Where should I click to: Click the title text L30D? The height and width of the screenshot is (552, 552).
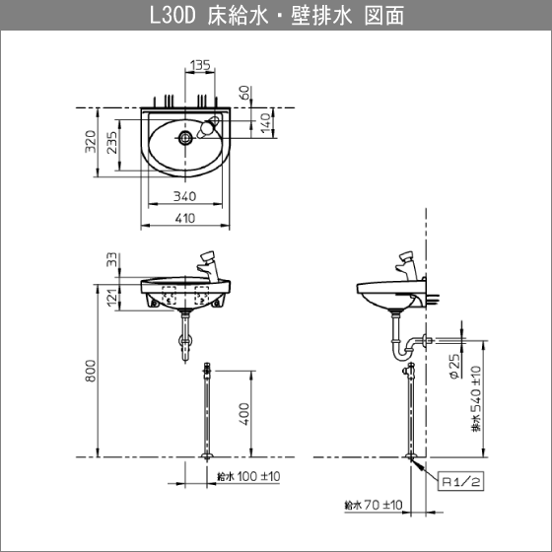[174, 17]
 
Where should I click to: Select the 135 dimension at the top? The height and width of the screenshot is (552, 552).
[200, 66]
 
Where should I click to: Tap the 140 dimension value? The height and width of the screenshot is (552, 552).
[265, 121]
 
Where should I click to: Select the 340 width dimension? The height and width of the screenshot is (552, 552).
[186, 196]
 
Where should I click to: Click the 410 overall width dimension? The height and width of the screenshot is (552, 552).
[186, 219]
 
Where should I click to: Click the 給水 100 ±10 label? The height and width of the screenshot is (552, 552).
[247, 476]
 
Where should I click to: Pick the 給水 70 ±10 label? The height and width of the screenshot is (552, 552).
[373, 505]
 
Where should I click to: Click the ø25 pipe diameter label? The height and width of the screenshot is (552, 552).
[454, 367]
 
